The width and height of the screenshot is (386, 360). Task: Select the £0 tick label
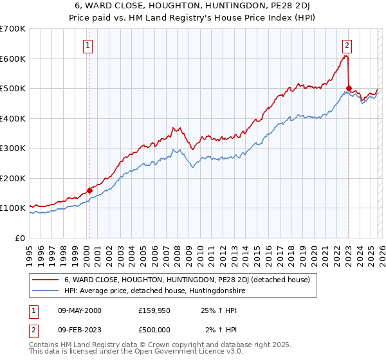19,238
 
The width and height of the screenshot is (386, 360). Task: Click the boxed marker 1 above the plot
87,46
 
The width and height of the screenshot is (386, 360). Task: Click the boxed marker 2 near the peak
347,46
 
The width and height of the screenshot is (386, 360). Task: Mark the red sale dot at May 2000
89,190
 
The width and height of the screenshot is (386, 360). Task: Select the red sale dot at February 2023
349,89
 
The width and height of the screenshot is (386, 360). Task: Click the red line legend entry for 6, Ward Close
187,280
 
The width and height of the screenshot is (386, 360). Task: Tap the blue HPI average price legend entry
154,291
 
